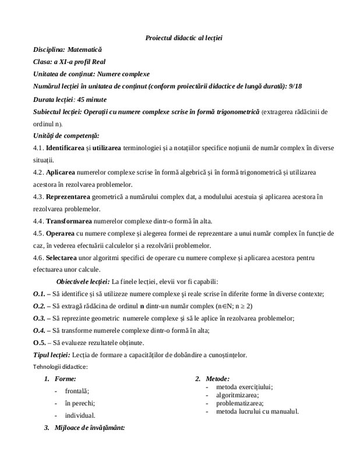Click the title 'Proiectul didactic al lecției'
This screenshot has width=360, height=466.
(183, 38)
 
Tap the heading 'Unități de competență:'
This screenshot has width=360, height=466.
(66, 135)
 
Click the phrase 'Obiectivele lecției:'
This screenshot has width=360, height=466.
(82, 281)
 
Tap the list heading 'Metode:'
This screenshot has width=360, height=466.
(217, 379)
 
